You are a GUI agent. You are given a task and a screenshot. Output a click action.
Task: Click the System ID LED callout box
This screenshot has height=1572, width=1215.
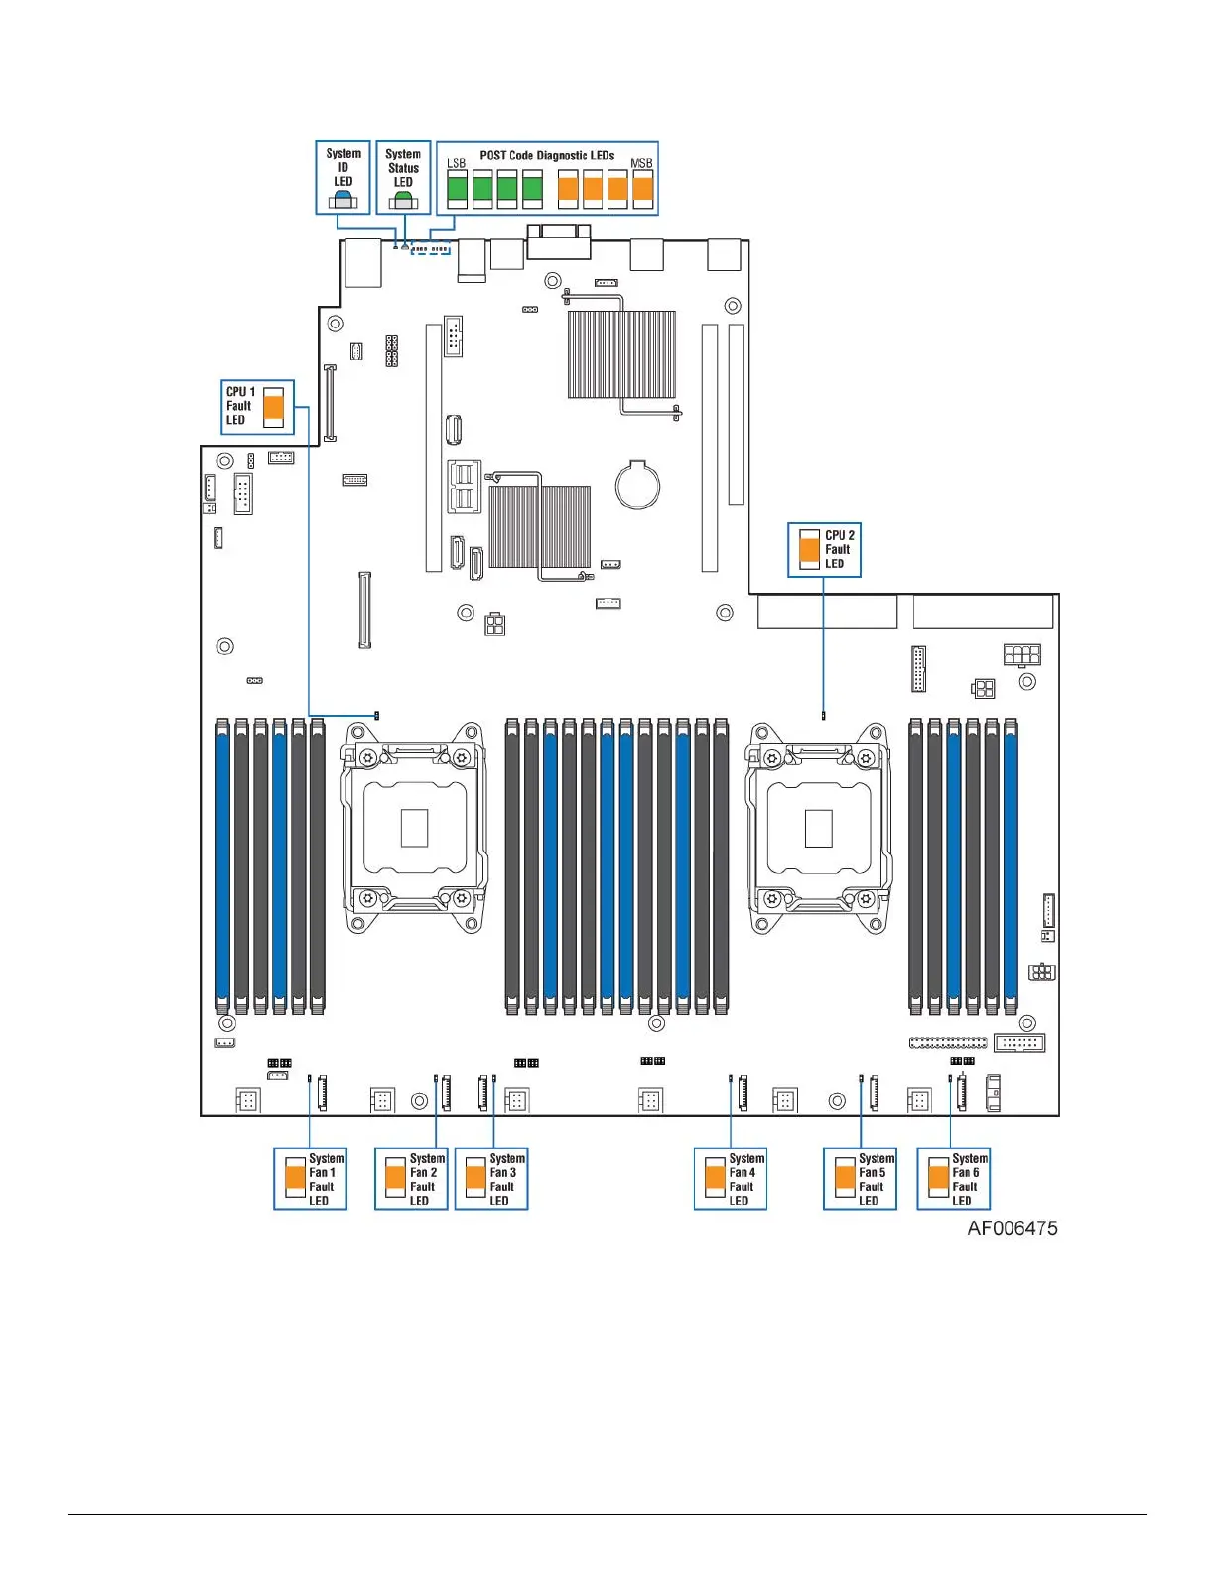tap(342, 178)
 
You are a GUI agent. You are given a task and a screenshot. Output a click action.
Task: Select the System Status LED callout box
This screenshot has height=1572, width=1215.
tap(403, 178)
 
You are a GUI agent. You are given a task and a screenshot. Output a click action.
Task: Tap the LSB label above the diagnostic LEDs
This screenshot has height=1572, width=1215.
tap(456, 164)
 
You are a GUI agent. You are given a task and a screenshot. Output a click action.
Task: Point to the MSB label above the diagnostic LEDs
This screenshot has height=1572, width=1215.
tap(641, 164)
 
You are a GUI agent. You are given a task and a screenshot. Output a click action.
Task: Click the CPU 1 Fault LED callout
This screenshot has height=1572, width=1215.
tap(257, 407)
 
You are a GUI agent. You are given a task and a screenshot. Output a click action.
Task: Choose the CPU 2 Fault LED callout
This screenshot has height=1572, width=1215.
tap(824, 550)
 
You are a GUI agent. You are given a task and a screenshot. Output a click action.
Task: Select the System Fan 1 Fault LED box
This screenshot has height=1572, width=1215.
tap(310, 1179)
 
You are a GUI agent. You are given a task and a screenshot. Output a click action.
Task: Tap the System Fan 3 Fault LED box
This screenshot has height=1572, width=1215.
tap(491, 1179)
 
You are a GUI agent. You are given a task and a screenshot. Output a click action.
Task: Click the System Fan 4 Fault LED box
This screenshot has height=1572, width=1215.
tap(731, 1179)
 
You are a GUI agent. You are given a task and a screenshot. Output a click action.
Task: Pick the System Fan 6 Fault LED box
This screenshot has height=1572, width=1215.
tap(953, 1179)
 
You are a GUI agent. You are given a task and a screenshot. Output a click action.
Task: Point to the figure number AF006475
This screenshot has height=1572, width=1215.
tap(1012, 1229)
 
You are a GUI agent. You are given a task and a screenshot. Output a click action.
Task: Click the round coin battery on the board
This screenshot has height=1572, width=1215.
tap(637, 485)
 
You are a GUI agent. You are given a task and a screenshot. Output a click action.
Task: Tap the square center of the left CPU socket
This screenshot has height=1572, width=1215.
tap(414, 828)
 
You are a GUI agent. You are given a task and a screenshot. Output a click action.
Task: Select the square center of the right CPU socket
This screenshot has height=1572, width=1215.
tap(818, 828)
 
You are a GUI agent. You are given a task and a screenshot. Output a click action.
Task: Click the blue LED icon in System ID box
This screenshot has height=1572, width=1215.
tap(343, 196)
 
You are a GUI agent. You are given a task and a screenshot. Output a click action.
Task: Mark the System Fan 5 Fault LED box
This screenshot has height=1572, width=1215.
tap(860, 1179)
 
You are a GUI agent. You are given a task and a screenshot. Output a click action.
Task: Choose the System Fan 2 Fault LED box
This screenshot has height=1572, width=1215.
tap(411, 1179)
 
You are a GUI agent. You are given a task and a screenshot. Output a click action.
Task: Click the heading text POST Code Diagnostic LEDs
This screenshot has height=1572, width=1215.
tap(547, 156)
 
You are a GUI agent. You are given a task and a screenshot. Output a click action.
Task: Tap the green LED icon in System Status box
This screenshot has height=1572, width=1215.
tap(403, 196)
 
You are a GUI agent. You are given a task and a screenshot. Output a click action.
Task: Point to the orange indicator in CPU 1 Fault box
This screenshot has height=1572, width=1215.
tap(274, 406)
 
